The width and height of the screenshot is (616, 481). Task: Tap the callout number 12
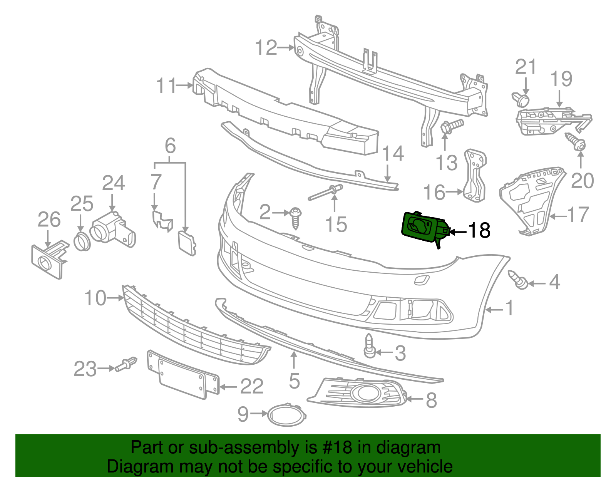(x=266, y=47)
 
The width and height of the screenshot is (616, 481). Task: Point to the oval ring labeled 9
(x=287, y=415)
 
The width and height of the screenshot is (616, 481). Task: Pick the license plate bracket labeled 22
(x=183, y=374)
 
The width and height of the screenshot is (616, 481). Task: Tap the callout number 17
(x=579, y=215)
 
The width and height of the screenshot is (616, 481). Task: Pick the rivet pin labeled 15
(x=326, y=193)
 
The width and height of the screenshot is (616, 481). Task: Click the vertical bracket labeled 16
(x=475, y=176)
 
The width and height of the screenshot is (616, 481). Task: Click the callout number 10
(x=95, y=298)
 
